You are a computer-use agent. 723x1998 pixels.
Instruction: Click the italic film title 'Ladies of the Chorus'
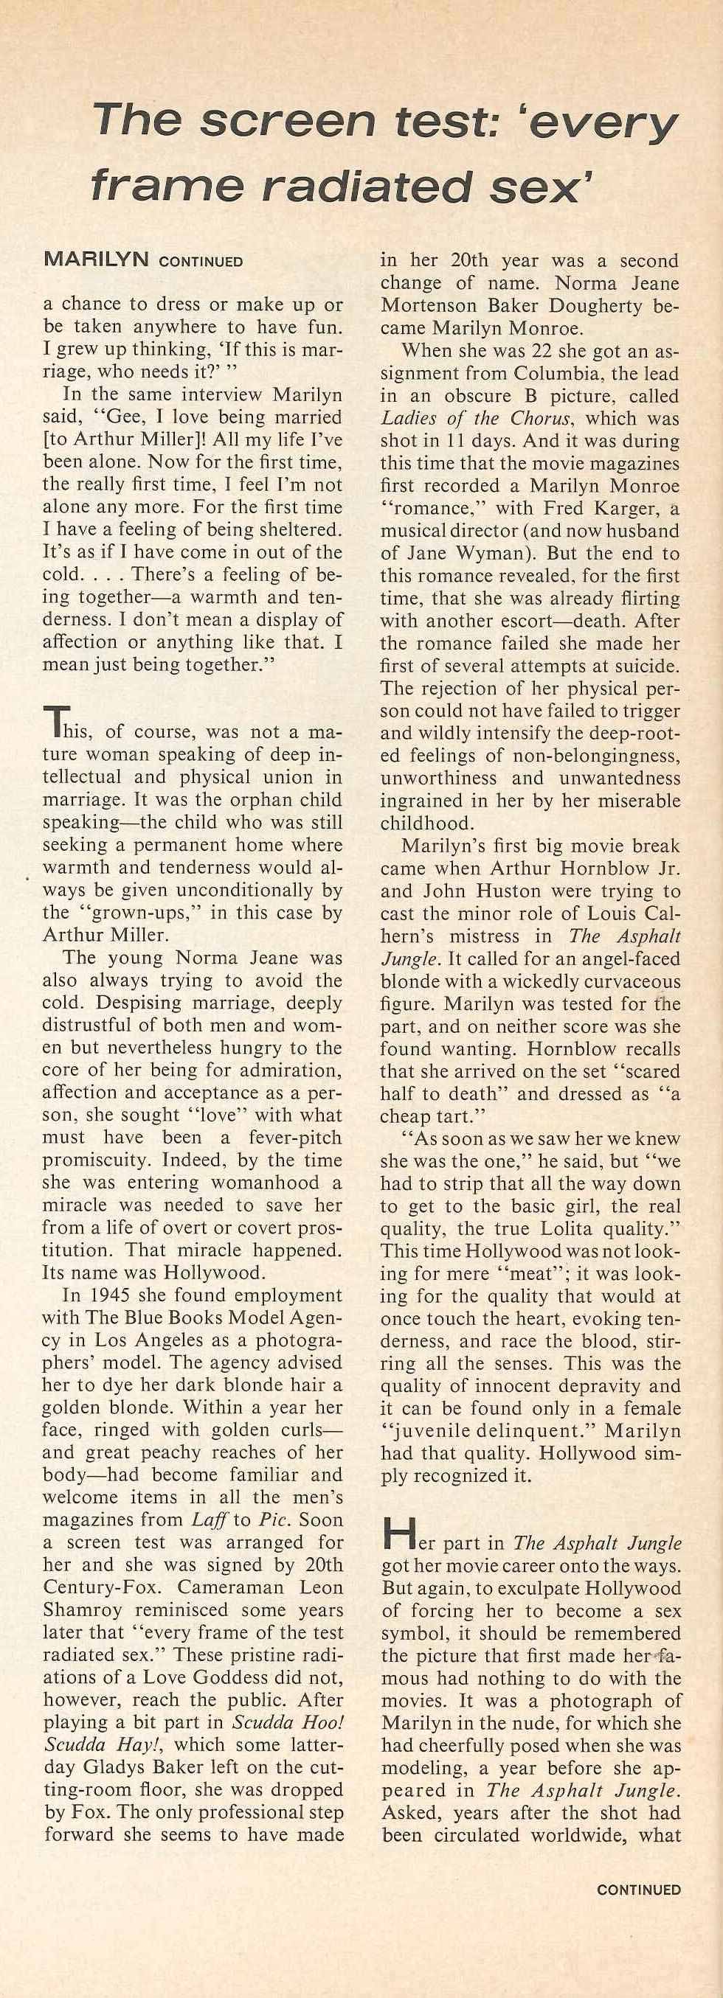click(x=478, y=419)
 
